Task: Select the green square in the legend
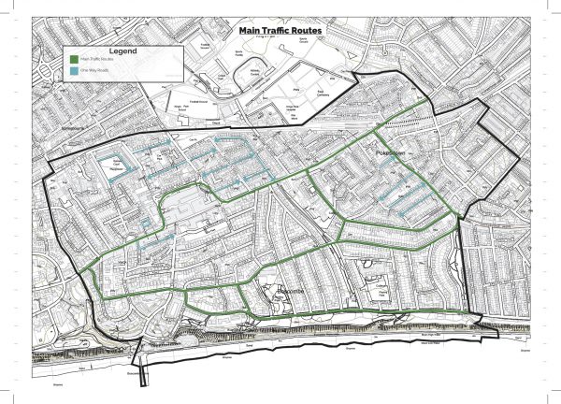click(72, 59)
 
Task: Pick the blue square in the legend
click(72, 71)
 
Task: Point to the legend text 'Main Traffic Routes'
click(96, 59)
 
